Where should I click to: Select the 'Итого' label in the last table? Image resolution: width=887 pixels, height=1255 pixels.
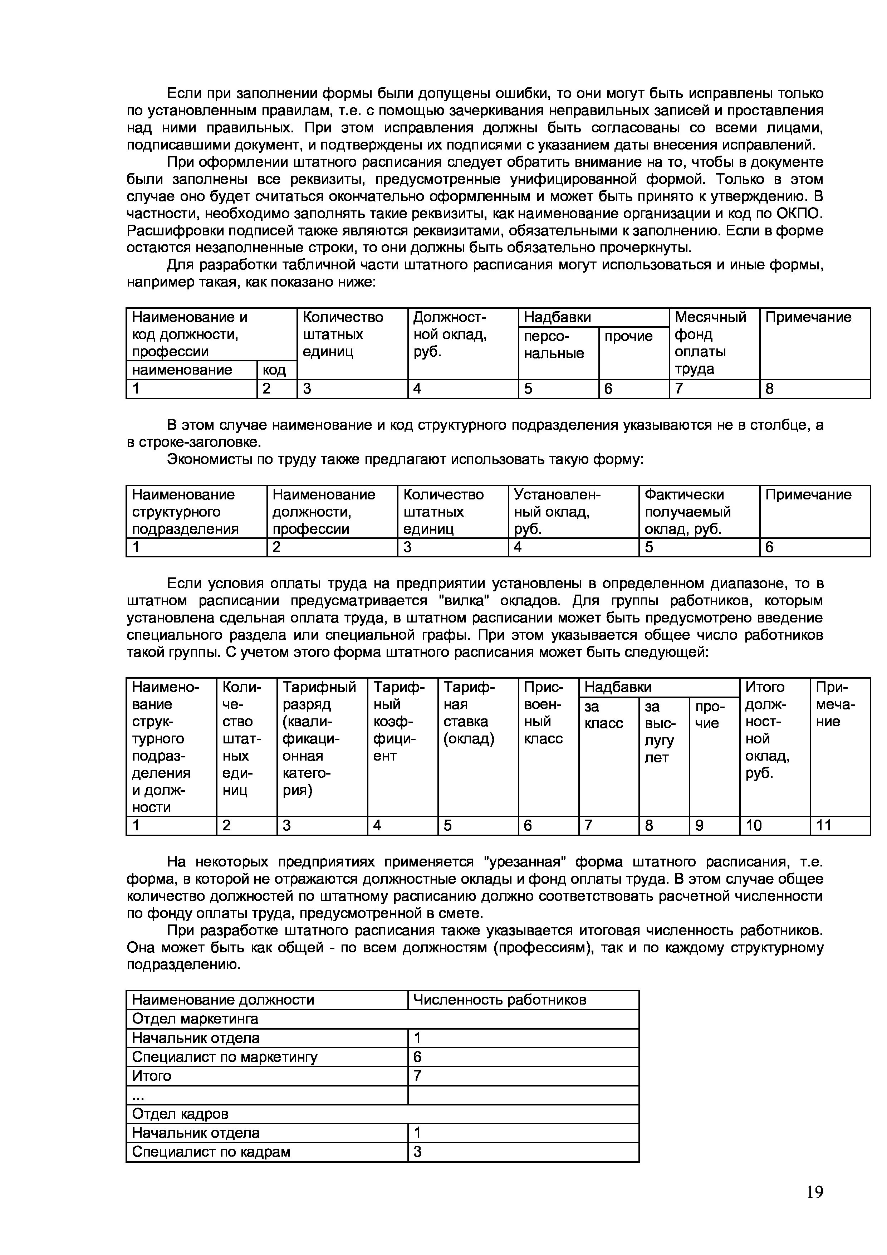pos(152,1076)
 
